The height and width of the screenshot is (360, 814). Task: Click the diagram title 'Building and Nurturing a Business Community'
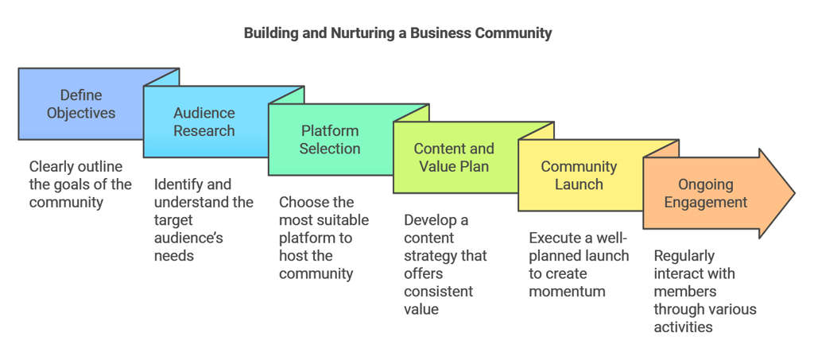tap(397, 33)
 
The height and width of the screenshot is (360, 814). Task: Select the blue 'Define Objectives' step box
tap(81, 104)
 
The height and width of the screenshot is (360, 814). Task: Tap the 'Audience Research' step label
tap(204, 122)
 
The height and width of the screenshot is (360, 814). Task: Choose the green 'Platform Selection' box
tap(330, 140)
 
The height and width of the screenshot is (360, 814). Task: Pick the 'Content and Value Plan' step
tap(454, 157)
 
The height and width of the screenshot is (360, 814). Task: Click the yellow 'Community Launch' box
tap(579, 176)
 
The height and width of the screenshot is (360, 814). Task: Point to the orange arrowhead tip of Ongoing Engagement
tap(794, 193)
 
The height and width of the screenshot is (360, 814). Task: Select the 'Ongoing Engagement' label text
tap(706, 193)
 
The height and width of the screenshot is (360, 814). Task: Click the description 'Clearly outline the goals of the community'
tap(80, 184)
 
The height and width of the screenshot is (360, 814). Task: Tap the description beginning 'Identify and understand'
tap(203, 220)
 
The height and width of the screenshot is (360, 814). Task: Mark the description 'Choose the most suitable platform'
tap(324, 238)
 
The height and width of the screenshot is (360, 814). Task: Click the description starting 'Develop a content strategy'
tap(446, 265)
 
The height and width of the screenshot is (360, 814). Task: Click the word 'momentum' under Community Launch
tap(567, 291)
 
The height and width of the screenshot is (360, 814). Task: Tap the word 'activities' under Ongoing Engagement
tap(683, 327)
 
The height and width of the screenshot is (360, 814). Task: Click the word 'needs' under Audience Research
tap(174, 256)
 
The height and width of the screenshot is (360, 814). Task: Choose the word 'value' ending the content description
tap(421, 309)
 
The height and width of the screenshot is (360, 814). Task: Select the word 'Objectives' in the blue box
tap(81, 113)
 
